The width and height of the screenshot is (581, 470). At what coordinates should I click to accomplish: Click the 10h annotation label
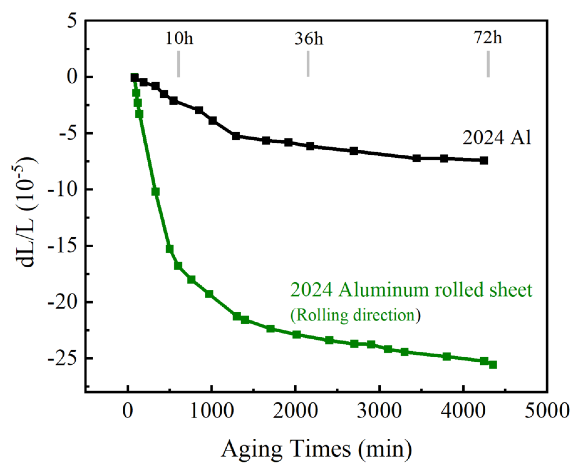(x=179, y=38)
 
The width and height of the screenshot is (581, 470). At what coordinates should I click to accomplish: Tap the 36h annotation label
(x=309, y=38)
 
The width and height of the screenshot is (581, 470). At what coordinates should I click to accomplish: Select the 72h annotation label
(x=487, y=37)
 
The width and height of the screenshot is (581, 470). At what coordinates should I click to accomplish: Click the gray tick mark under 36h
(x=308, y=64)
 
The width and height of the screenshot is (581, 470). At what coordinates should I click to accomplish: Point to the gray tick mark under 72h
(x=488, y=64)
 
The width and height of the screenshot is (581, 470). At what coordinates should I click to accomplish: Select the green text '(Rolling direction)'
(x=355, y=315)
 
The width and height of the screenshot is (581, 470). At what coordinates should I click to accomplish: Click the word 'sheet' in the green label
(x=511, y=290)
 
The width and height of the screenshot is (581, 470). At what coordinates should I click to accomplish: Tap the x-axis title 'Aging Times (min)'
(x=316, y=449)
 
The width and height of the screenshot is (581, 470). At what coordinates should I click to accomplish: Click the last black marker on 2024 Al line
(x=484, y=160)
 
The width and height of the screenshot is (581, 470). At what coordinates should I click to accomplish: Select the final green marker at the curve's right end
(x=493, y=365)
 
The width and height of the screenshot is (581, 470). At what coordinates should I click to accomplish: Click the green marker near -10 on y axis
(x=155, y=192)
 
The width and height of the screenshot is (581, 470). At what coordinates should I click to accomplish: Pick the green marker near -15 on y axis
(x=169, y=249)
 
